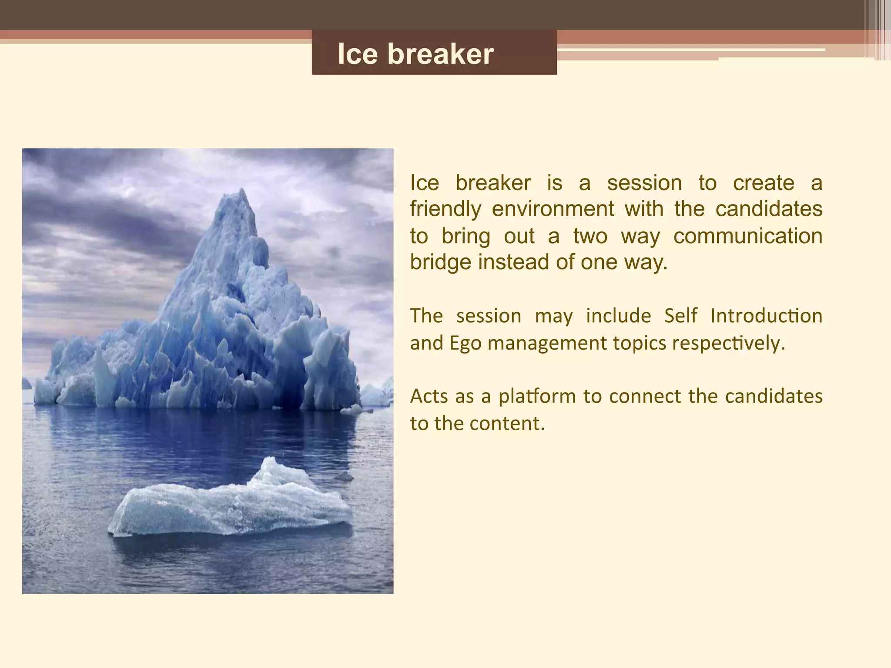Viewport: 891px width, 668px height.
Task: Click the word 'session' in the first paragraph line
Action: (644, 183)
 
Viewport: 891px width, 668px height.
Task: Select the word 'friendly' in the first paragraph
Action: (445, 209)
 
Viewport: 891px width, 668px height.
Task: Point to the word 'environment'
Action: (553, 209)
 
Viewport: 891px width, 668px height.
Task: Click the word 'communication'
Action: (748, 236)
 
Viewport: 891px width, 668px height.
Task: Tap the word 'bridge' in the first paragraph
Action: (440, 262)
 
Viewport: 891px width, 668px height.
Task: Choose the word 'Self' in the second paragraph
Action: (680, 316)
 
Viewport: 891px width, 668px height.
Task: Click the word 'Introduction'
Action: (766, 316)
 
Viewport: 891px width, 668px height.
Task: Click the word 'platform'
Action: (537, 397)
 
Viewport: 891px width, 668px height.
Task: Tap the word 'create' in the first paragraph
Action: (764, 183)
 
